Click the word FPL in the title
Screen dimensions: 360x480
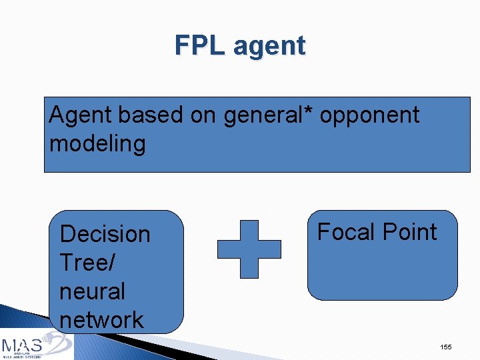coord(201,45)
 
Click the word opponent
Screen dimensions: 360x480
coord(369,116)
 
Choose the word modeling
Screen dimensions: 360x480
coord(97,143)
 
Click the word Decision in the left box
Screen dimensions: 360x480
coord(105,234)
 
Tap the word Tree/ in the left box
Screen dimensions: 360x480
coord(87,263)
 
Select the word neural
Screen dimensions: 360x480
coord(92,291)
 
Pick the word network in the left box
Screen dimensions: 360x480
coord(101,319)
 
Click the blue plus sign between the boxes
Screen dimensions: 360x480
coord(249,249)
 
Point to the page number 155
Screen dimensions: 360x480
coord(446,347)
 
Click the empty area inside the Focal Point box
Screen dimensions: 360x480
coord(382,273)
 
